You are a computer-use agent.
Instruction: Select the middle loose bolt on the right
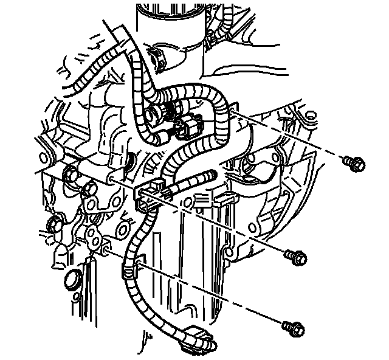click(x=295, y=257)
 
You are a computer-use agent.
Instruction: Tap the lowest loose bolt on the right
click(x=292, y=329)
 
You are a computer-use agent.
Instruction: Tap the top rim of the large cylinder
click(x=167, y=6)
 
